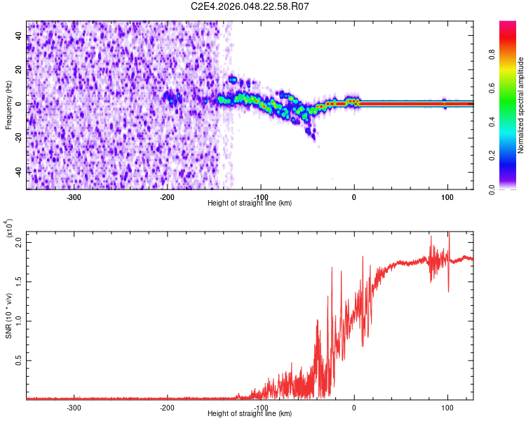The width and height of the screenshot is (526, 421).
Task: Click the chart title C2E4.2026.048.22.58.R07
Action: coord(250,6)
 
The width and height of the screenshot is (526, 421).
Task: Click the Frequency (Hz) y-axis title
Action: coord(8,105)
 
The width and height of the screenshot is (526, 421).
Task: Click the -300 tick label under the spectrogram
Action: coord(74,196)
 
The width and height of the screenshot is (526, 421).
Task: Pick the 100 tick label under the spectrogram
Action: coord(447,196)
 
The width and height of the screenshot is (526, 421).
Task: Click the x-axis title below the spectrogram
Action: coord(250,203)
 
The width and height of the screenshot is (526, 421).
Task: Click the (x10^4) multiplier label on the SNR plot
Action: coord(8,228)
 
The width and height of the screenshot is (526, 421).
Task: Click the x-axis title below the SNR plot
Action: coord(250,414)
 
